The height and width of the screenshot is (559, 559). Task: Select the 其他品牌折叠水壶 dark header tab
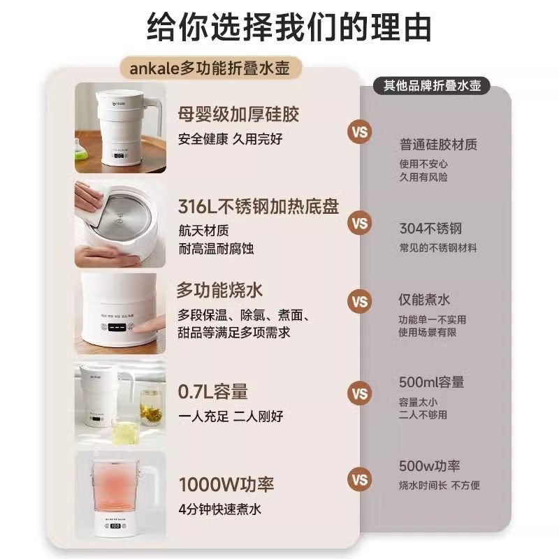(432, 86)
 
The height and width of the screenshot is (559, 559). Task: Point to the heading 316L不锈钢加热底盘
(259, 206)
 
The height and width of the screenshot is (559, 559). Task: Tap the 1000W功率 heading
(227, 484)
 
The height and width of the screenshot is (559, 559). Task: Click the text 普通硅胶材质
(438, 145)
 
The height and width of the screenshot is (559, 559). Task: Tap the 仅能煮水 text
(424, 300)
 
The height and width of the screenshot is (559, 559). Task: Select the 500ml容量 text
(432, 382)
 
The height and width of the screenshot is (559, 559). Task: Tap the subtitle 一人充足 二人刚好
(231, 416)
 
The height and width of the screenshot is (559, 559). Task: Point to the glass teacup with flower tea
(150, 409)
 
